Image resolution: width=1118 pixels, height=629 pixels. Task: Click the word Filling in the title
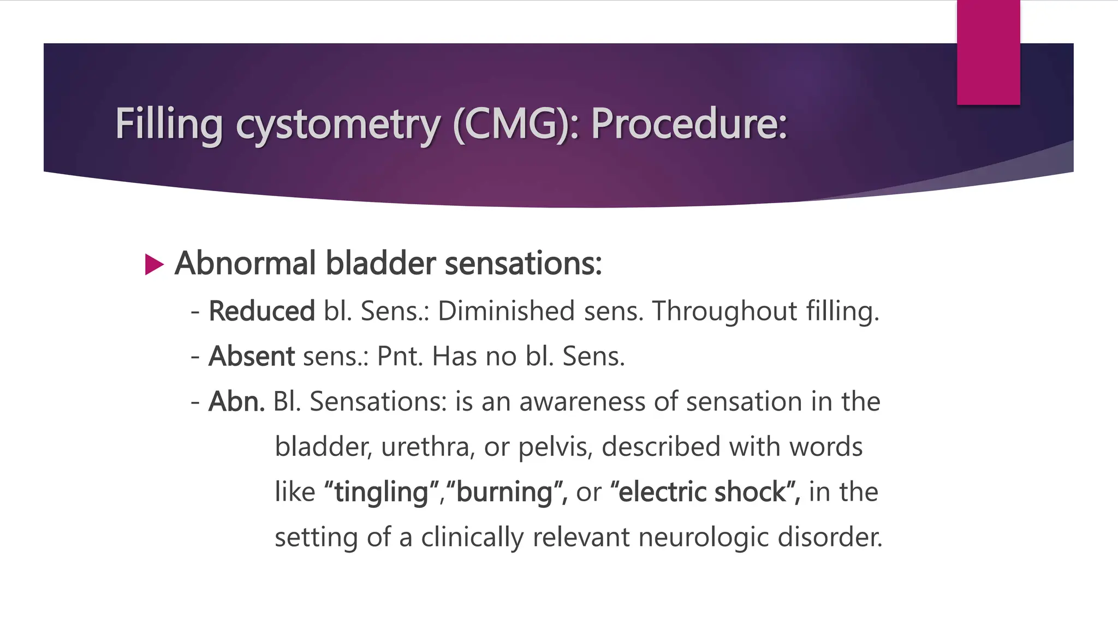tap(169, 124)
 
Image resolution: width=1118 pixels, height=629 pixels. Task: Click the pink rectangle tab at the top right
tap(988, 52)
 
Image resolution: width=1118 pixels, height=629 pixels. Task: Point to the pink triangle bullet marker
tap(154, 265)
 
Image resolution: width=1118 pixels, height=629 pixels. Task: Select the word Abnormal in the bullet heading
tap(245, 263)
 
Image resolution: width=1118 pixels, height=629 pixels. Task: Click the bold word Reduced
tap(261, 311)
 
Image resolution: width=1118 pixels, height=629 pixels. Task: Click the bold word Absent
tap(252, 357)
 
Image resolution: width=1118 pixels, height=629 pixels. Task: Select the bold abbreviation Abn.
tap(236, 402)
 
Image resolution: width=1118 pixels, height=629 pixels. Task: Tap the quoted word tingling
tap(381, 492)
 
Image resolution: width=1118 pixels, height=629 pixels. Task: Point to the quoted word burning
tap(504, 492)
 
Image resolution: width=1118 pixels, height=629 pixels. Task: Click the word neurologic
tap(704, 537)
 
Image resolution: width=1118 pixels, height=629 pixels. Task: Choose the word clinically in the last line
tap(472, 537)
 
